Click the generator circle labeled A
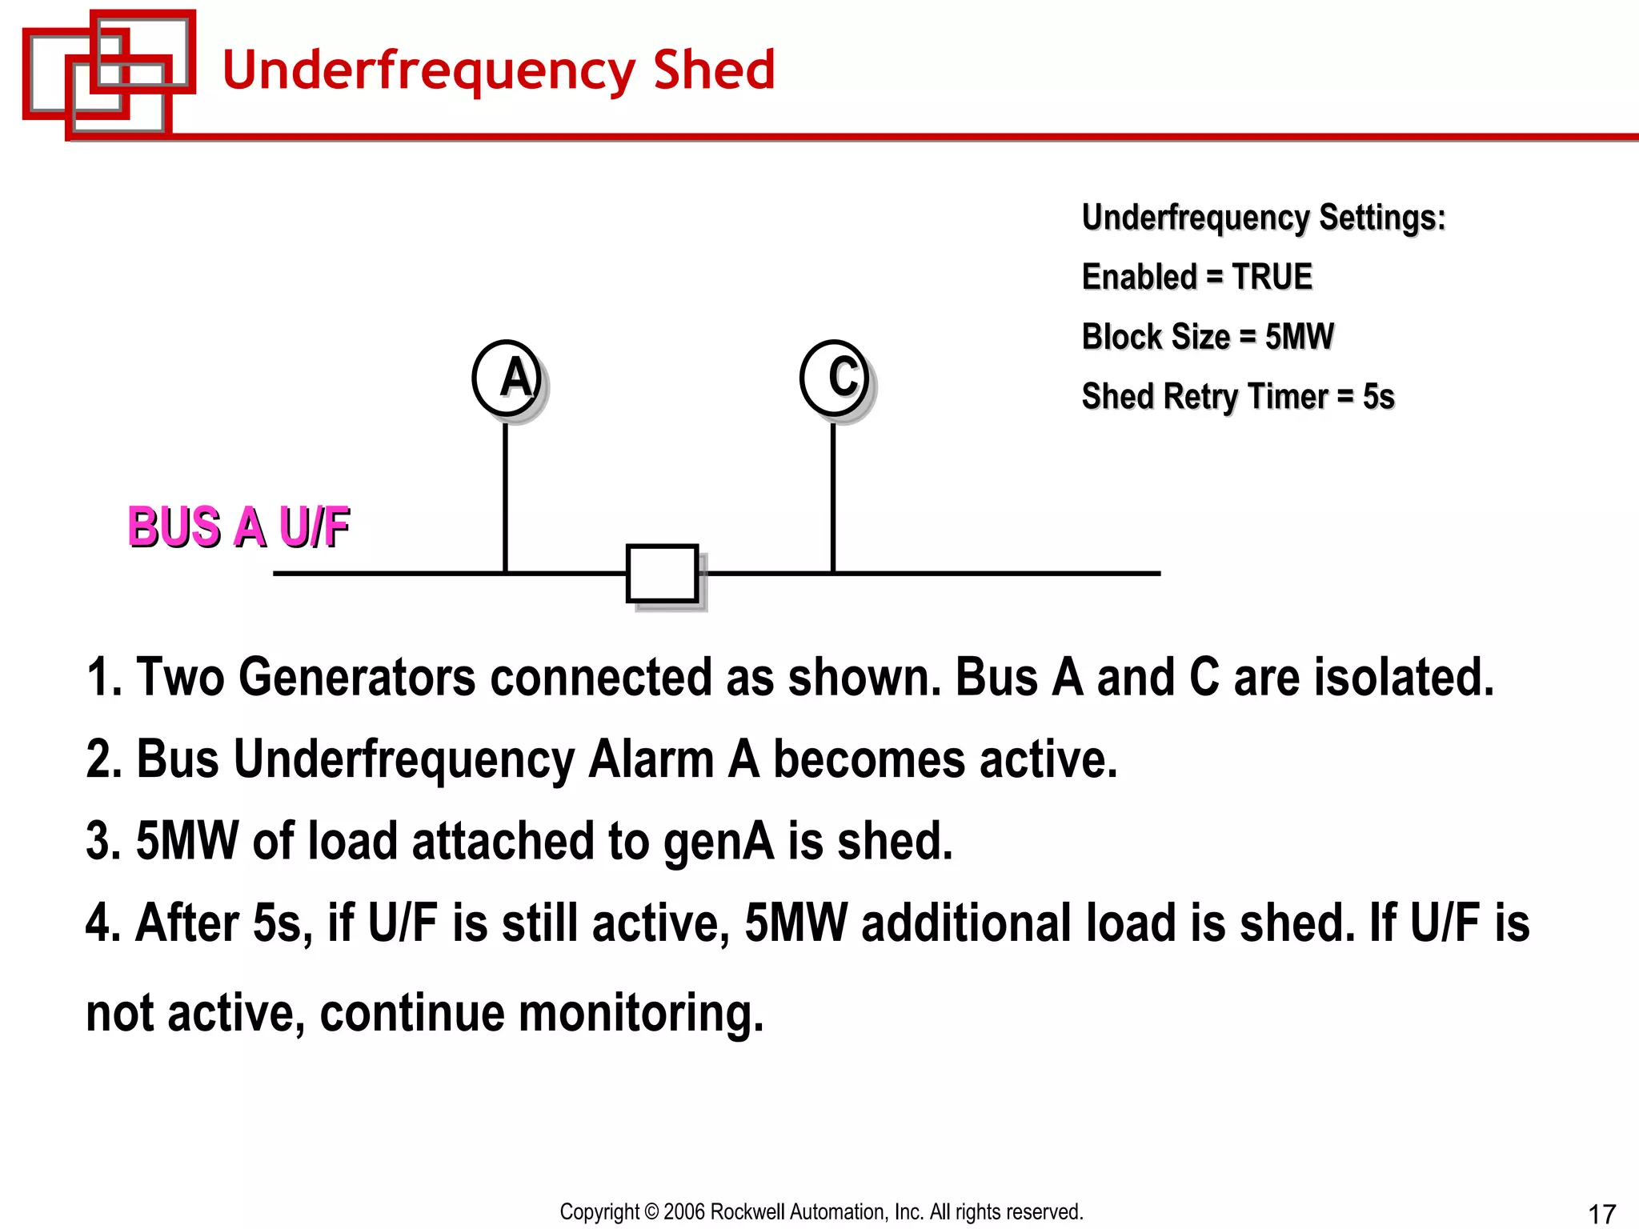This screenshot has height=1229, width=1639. tap(507, 378)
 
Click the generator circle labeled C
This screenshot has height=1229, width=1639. tap(835, 378)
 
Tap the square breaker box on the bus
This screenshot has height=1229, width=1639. tap(662, 573)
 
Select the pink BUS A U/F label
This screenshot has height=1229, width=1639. tap(238, 527)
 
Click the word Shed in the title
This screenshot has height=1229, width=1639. tap(714, 70)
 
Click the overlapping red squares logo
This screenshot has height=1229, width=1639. tap(109, 73)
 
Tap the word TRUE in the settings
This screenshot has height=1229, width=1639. tap(1272, 277)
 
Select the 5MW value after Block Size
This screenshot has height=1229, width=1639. tap(1299, 337)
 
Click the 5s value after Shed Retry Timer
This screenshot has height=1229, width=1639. tap(1378, 397)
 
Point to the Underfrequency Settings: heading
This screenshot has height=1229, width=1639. tap(1264, 218)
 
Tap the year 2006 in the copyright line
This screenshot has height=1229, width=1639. tap(685, 1212)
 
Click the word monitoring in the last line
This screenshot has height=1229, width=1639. tap(641, 1013)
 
